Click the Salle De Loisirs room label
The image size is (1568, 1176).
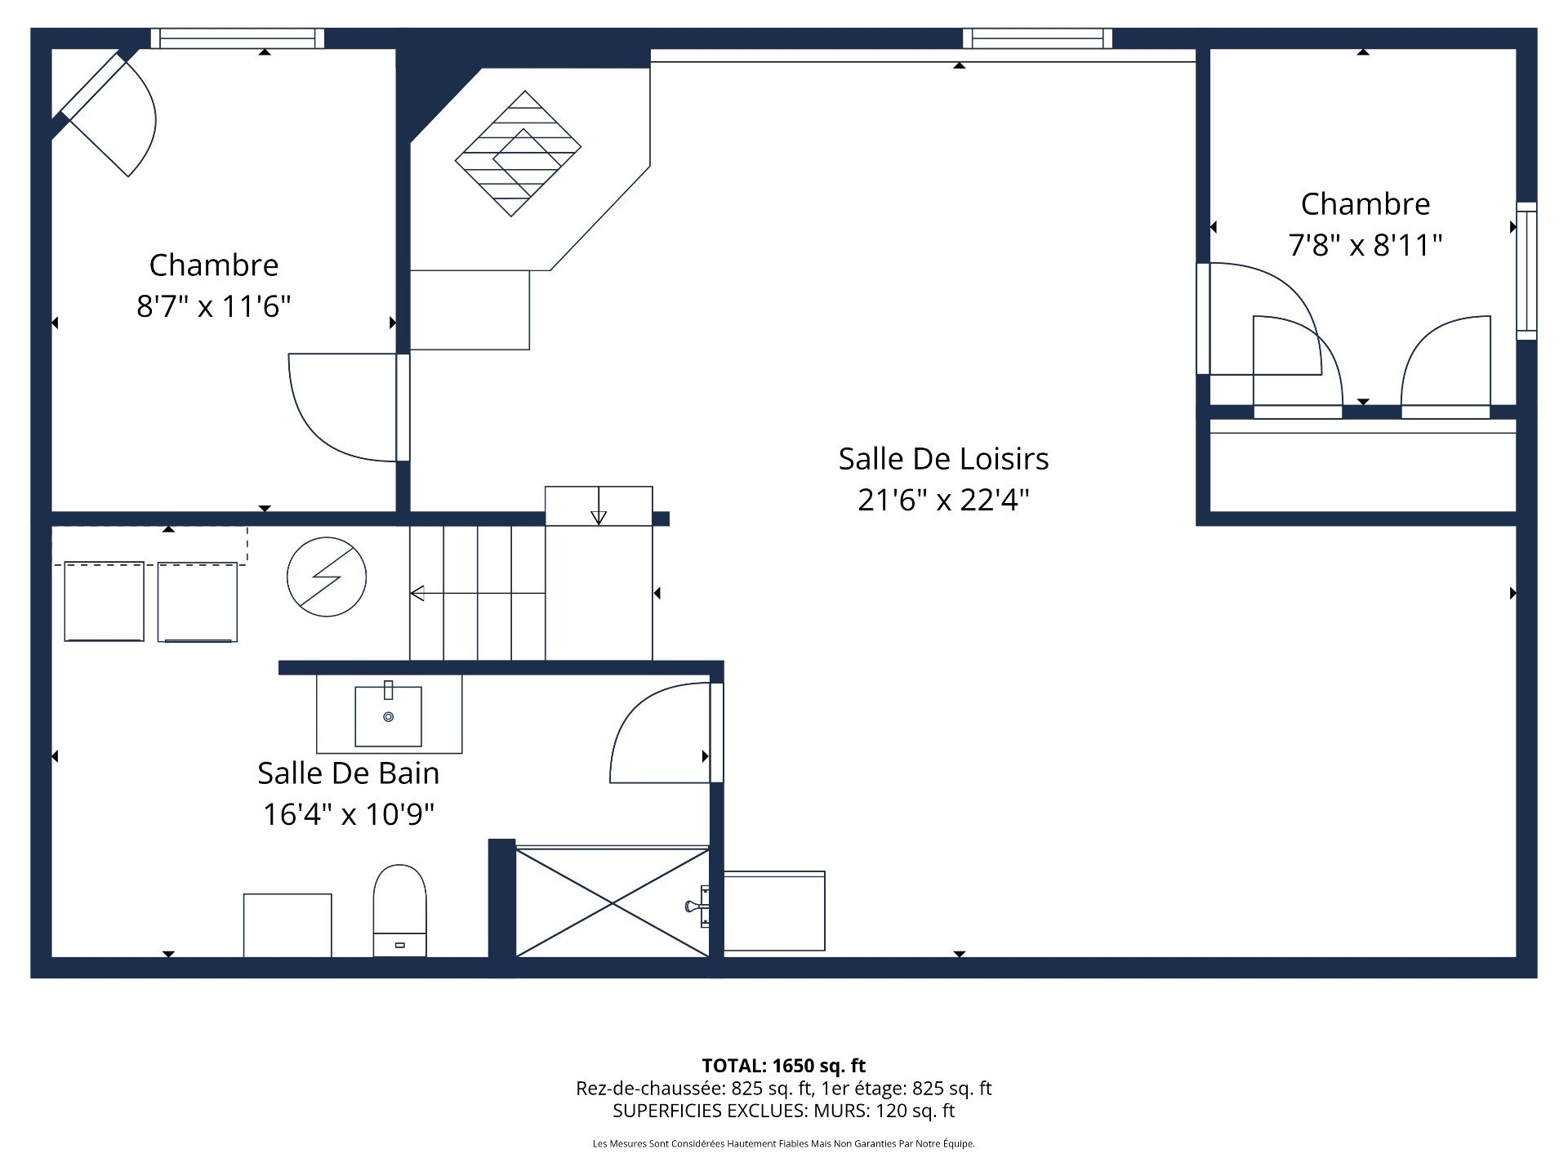(943, 459)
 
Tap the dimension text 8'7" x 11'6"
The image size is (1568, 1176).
(214, 306)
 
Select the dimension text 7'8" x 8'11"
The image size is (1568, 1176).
(1365, 245)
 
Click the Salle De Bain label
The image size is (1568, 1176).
(349, 773)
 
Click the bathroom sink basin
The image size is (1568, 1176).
(388, 716)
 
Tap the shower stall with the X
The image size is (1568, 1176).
(612, 902)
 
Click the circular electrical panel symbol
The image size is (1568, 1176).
(327, 577)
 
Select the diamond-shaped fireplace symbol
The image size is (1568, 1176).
(518, 154)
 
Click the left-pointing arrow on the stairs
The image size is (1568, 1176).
(417, 593)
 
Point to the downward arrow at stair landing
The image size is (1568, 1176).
(599, 516)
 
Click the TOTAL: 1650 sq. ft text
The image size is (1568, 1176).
(783, 1066)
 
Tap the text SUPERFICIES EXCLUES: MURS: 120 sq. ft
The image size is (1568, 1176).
(783, 1111)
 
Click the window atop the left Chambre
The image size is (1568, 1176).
(237, 38)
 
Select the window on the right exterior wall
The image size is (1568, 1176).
(1526, 271)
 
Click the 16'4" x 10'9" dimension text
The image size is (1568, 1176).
(349, 814)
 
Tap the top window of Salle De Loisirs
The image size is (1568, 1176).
(1037, 38)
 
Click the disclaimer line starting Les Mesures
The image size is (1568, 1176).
(783, 1143)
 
